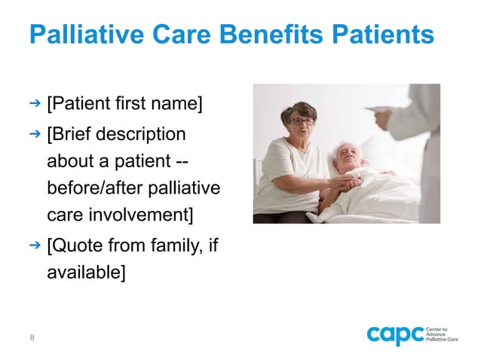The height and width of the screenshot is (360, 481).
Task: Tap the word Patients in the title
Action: (384, 35)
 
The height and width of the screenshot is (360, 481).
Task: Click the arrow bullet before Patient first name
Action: (34, 100)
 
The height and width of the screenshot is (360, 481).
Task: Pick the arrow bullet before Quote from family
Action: (34, 245)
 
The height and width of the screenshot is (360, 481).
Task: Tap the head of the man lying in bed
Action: (351, 154)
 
